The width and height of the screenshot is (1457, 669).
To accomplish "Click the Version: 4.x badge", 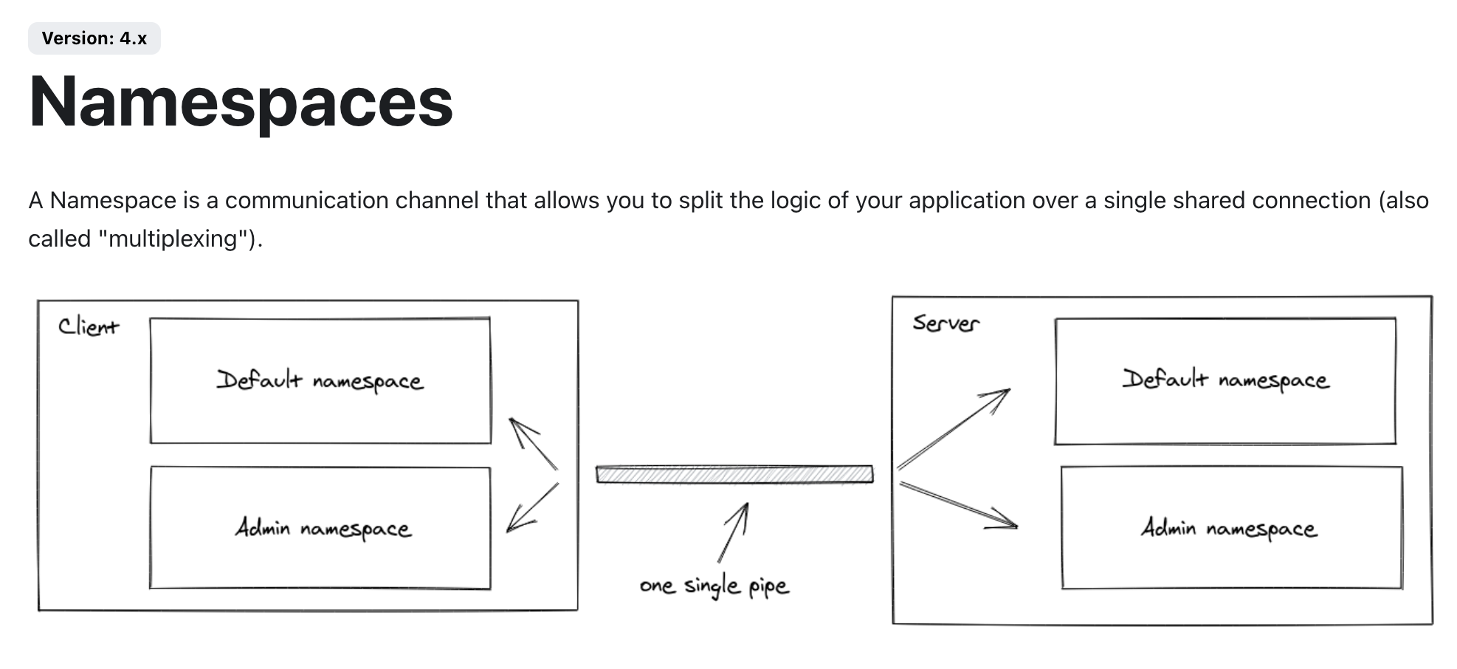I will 94,38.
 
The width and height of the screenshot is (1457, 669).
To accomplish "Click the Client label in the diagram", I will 89,326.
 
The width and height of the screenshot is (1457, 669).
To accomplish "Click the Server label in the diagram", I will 945,323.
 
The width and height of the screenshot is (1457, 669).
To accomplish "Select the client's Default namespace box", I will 320,380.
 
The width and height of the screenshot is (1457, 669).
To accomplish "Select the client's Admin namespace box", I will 320,528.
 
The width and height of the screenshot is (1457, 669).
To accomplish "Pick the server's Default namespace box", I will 1225,380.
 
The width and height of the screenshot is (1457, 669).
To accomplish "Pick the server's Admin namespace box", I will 1231,528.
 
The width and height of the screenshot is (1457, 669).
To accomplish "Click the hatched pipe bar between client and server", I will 734,474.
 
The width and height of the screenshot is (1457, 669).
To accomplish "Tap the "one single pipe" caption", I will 714,586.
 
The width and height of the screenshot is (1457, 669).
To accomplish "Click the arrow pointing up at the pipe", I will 734,532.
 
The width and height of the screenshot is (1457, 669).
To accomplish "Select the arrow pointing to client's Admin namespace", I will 533,507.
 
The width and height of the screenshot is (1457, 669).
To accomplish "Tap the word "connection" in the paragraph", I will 1311,200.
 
